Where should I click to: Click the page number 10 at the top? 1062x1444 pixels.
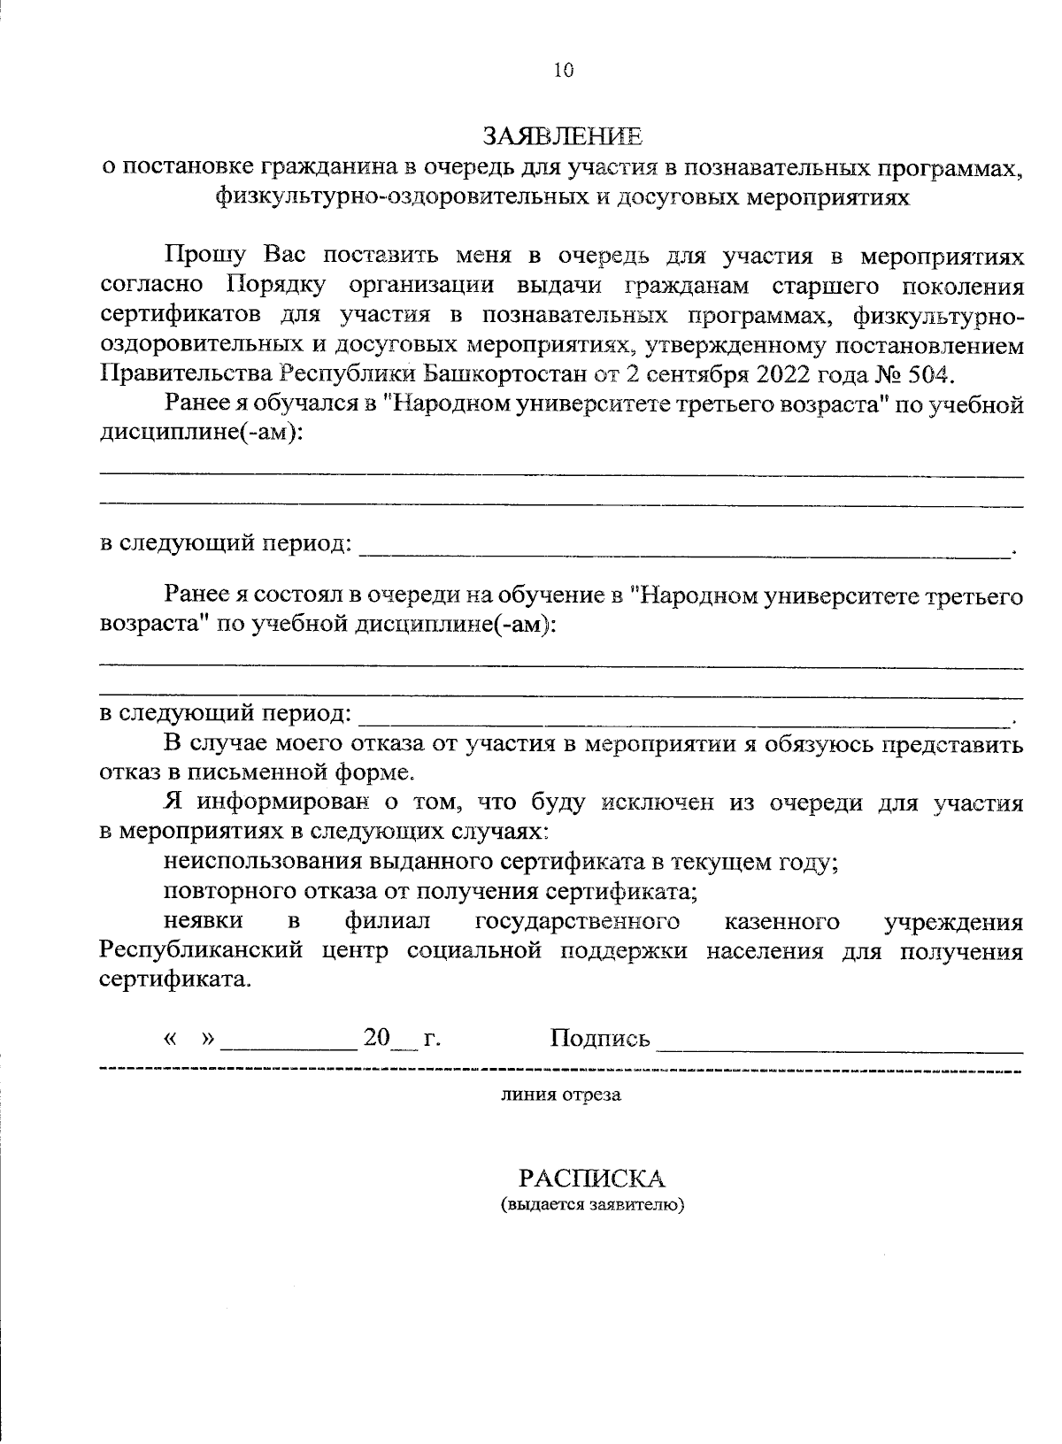click(564, 72)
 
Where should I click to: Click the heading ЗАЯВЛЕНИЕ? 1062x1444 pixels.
click(563, 136)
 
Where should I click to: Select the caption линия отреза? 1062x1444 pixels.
click(561, 1095)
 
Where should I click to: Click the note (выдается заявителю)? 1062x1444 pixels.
click(592, 1205)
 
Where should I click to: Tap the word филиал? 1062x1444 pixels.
click(387, 922)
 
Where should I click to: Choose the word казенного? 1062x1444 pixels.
click(781, 922)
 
